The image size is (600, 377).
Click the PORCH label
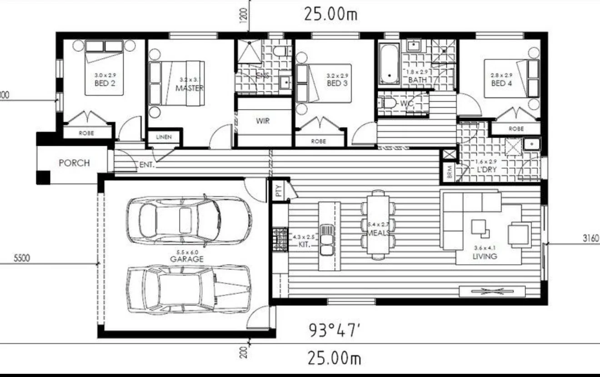click(x=74, y=163)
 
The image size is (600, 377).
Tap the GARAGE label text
click(x=186, y=259)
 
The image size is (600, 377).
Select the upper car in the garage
click(x=188, y=220)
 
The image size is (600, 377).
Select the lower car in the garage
click(x=188, y=289)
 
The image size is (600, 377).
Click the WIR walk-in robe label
click(x=263, y=121)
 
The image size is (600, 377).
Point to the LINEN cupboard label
click(x=164, y=137)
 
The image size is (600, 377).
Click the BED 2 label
click(x=104, y=83)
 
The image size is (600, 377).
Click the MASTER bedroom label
click(x=189, y=88)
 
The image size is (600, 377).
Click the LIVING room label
click(x=485, y=256)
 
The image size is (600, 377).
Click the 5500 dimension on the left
click(x=21, y=258)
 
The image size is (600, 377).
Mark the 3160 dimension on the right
click(x=590, y=238)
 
